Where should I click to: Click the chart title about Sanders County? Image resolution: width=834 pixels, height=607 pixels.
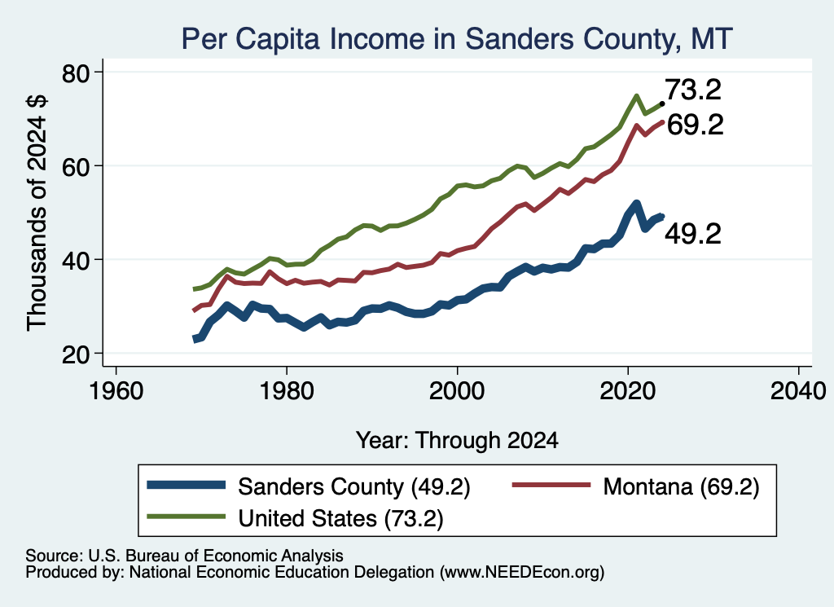click(x=457, y=38)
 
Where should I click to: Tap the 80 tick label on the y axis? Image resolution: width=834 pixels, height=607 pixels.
click(x=76, y=73)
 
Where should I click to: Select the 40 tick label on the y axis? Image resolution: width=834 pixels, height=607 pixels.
click(x=76, y=260)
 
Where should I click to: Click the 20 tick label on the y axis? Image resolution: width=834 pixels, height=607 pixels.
click(x=76, y=354)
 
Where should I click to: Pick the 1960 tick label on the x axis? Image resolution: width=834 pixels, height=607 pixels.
click(x=116, y=391)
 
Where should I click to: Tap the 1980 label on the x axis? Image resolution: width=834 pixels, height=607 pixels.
click(x=287, y=391)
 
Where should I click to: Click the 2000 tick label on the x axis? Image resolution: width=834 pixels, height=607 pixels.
click(x=457, y=391)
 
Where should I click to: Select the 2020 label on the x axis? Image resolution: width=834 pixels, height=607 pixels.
click(x=628, y=391)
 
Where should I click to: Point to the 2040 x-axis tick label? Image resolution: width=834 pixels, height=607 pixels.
click(x=798, y=391)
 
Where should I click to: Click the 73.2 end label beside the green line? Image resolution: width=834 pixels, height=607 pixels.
click(x=693, y=90)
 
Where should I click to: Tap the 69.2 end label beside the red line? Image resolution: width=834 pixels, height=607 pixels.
click(x=696, y=125)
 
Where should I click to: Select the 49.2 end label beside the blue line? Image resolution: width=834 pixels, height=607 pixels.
click(x=693, y=234)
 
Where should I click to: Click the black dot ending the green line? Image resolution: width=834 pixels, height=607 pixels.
click(x=661, y=103)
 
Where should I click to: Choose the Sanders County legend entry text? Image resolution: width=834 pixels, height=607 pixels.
click(x=354, y=486)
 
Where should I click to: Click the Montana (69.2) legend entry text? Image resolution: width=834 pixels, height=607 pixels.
click(x=682, y=486)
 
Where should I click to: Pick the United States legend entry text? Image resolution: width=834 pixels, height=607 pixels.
click(x=341, y=518)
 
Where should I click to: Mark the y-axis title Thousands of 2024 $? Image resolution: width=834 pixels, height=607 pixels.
click(x=37, y=213)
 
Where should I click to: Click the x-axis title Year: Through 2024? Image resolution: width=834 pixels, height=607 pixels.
click(x=457, y=441)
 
